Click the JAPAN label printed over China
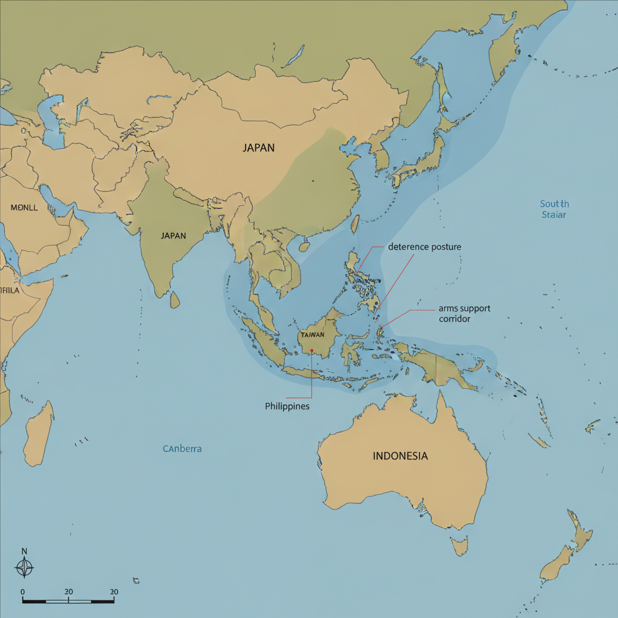[x=258, y=147]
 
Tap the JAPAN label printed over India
[x=173, y=236]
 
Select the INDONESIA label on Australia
[x=400, y=456]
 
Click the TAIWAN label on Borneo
[x=312, y=335]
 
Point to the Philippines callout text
[x=287, y=406]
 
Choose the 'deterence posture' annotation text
[x=424, y=247]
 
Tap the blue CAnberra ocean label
[x=182, y=449]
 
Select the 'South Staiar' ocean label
[x=554, y=209]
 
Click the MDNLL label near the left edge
[x=25, y=207]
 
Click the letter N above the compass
[x=24, y=551]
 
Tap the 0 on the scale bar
[x=22, y=592]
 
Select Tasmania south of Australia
[x=460, y=547]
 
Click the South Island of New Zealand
[x=556, y=564]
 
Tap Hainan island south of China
[x=305, y=246]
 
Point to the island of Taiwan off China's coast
[x=355, y=225]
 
